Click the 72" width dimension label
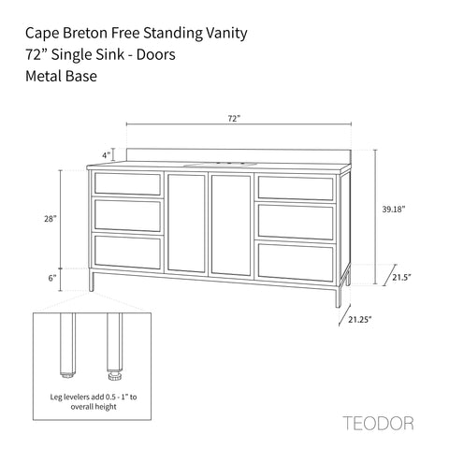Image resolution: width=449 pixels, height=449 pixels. pos(235,119)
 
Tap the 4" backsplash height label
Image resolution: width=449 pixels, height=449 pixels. pos(107,155)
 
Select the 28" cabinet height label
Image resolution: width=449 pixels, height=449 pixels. pos(51,219)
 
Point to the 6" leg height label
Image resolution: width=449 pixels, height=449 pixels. pos(52,278)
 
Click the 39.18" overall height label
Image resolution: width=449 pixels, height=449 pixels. pos(394,209)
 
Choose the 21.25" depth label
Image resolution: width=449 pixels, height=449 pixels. pos(360,319)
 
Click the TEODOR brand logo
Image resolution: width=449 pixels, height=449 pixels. pos(379,424)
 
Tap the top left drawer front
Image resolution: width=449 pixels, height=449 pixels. pos(127,184)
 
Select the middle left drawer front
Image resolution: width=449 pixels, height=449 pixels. pos(127,215)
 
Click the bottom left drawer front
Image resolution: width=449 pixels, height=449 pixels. pos(127,252)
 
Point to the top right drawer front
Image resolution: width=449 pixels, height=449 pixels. pos(296,188)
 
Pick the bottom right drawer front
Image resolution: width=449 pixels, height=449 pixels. pos(296,262)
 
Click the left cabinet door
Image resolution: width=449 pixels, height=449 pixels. pos(186,224)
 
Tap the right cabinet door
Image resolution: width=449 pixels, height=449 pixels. pos(231,225)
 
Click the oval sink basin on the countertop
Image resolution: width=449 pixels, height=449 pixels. pos(221,165)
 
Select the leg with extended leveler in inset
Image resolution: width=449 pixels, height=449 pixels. pos(114,346)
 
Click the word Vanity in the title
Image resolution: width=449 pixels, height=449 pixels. pos(226,34)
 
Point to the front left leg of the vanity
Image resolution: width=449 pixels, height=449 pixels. pos(91,280)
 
